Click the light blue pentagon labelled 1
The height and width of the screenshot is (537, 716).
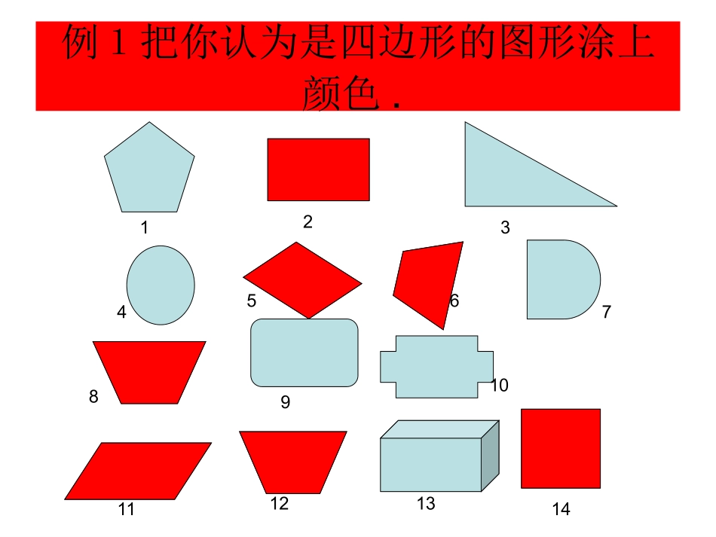pyautogui.click(x=149, y=169)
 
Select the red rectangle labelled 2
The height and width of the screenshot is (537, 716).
pyautogui.click(x=318, y=169)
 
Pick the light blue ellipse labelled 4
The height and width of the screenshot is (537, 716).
pyautogui.click(x=161, y=285)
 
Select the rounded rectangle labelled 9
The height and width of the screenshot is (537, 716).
pyautogui.click(x=304, y=352)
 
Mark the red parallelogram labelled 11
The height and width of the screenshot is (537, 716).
pyautogui.click(x=138, y=471)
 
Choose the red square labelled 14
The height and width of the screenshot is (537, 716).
pyautogui.click(x=561, y=448)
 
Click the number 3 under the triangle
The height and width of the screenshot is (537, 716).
pyautogui.click(x=505, y=227)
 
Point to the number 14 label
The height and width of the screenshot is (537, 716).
pyautogui.click(x=561, y=510)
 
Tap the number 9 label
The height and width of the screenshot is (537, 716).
pyautogui.click(x=286, y=403)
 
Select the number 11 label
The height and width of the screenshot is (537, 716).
pyautogui.click(x=126, y=510)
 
